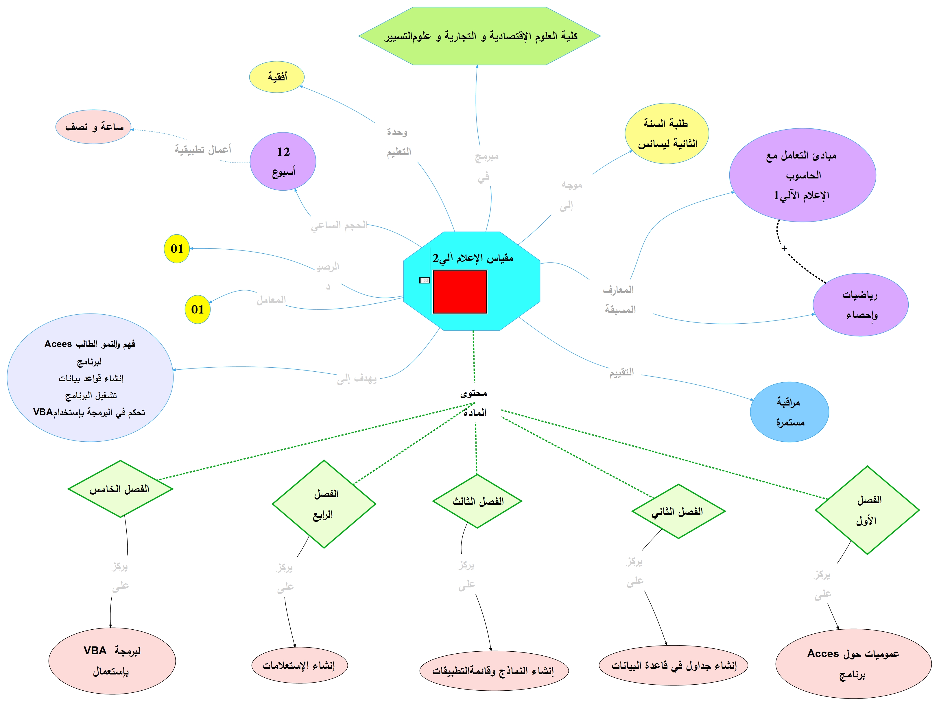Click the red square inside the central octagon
click(x=460, y=292)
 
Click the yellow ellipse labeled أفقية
click(x=277, y=77)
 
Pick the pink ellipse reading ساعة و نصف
click(x=93, y=127)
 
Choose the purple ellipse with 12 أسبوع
click(x=283, y=161)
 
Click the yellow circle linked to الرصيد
click(x=177, y=249)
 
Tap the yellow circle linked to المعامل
click(x=198, y=309)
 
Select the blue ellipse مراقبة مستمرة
click(x=789, y=412)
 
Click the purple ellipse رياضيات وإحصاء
click(x=860, y=305)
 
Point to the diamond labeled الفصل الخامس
click(x=120, y=489)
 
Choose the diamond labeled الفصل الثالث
click(x=477, y=502)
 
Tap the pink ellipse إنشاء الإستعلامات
click(x=299, y=665)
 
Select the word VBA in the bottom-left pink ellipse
click(x=95, y=651)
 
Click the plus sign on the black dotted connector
click(x=784, y=248)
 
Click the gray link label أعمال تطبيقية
click(x=203, y=150)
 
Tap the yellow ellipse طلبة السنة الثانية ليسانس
click(x=667, y=133)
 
